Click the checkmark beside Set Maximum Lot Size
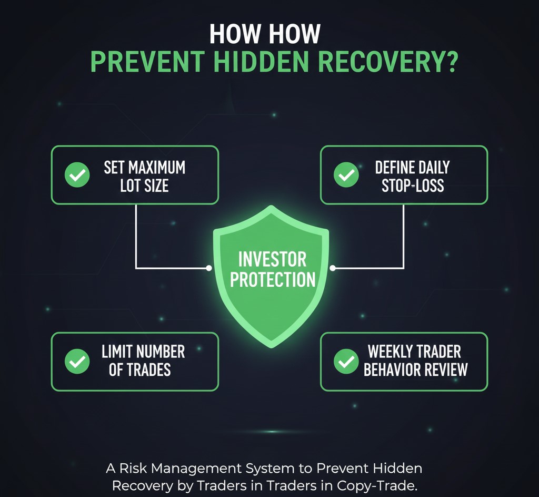[77, 176]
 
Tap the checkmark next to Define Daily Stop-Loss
[346, 176]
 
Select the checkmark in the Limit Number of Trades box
[77, 361]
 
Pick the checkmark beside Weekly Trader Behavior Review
[346, 361]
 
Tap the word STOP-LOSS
[413, 186]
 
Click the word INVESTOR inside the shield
[272, 259]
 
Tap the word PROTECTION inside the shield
[273, 279]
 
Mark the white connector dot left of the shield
[209, 268]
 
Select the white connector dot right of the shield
[333, 268]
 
